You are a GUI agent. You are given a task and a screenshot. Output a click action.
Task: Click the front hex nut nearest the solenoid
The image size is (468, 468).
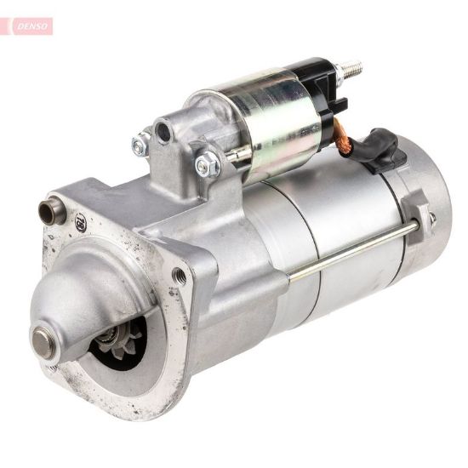coord(206,164)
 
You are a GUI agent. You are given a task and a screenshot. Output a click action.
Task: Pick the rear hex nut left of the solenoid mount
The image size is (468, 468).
coord(140,146)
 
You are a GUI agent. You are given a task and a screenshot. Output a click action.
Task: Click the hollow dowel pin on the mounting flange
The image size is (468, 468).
coord(50,208)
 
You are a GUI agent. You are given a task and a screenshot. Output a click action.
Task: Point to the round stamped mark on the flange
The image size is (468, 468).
coord(80,223)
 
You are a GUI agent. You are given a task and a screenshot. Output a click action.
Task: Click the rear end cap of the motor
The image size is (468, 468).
coord(430,204)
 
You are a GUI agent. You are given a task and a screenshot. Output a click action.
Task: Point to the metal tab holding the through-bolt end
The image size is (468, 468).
coord(415,218)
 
